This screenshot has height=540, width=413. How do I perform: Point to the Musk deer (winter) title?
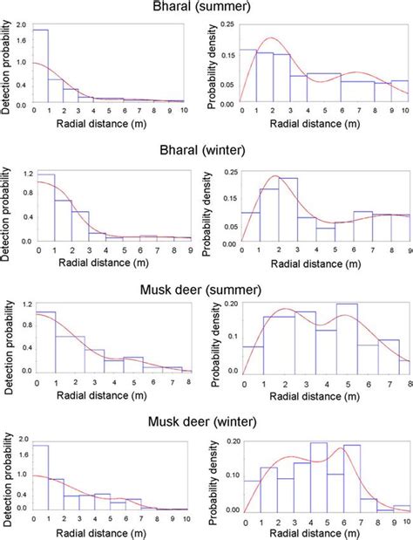(x=206, y=422)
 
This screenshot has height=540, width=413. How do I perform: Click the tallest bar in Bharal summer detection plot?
(x=40, y=65)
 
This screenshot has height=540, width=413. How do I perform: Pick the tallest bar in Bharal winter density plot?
(x=288, y=209)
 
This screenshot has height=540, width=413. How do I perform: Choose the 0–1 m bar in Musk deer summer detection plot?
(x=45, y=341)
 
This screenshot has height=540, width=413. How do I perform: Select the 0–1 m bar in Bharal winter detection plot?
(x=45, y=208)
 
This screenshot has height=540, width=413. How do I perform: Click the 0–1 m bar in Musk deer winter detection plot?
(x=40, y=477)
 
